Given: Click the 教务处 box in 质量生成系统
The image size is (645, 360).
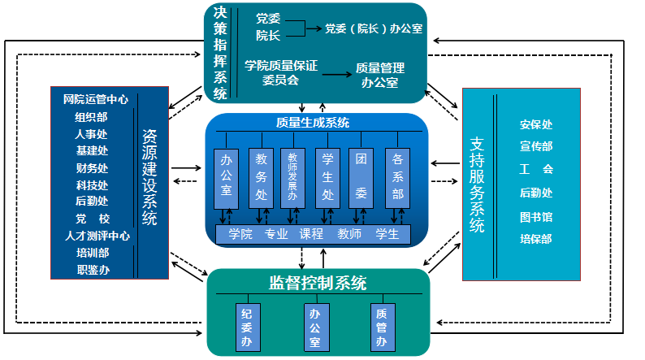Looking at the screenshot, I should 261,178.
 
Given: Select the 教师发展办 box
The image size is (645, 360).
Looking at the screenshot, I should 292,178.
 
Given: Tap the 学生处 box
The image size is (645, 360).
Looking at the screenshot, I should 327,178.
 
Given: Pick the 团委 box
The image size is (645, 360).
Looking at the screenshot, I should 361,178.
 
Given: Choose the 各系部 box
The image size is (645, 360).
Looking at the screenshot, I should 397,178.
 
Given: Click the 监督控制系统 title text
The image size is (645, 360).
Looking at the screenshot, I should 318,284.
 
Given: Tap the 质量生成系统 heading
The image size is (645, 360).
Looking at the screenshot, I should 313,123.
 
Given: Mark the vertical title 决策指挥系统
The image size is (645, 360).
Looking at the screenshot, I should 219,53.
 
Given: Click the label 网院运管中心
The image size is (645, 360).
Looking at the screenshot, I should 95,100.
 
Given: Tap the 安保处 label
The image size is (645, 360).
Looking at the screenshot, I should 535,125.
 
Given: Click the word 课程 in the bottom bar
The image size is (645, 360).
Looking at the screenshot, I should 311,234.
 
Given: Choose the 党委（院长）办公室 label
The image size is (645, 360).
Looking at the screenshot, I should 374,28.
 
